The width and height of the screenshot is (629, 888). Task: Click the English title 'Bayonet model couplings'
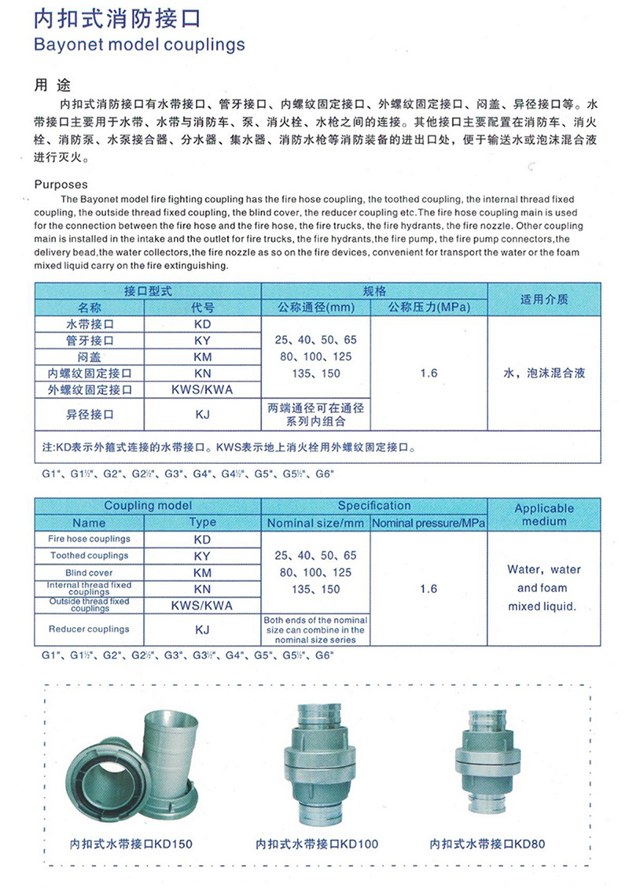(x=140, y=45)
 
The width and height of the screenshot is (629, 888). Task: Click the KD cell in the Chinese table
(x=202, y=324)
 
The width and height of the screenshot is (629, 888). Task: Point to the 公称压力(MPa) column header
(x=429, y=307)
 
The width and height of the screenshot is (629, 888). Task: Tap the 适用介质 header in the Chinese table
(x=544, y=299)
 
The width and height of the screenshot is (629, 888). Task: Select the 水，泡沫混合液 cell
(x=544, y=373)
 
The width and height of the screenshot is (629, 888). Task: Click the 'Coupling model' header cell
(x=148, y=506)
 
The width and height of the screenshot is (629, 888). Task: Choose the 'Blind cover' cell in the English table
(x=89, y=573)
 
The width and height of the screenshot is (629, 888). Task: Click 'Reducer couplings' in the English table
(x=89, y=629)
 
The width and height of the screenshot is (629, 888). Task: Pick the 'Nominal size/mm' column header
(x=315, y=522)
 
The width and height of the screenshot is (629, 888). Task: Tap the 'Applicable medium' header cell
(x=544, y=514)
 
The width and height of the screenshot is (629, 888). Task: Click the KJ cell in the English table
(x=202, y=629)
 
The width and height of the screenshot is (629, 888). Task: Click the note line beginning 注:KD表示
(x=228, y=449)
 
